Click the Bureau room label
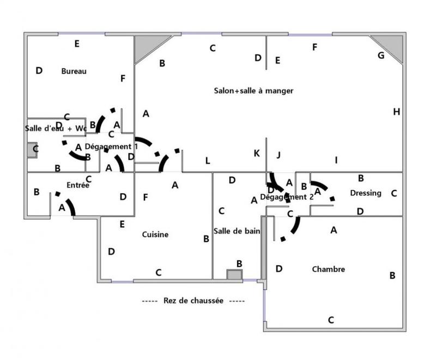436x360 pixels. pyautogui.click(x=74, y=71)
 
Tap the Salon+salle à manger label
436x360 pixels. pyautogui.click(x=253, y=91)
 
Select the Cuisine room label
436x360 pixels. pyautogui.click(x=155, y=235)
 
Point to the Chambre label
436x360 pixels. pyautogui.click(x=328, y=269)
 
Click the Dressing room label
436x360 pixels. pyautogui.click(x=366, y=193)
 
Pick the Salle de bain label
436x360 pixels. pyautogui.click(x=237, y=231)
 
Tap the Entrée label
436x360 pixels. pyautogui.click(x=78, y=185)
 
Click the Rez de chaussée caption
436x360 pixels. pyautogui.click(x=193, y=301)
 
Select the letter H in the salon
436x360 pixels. pyautogui.click(x=396, y=112)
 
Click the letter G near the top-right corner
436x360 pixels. pyautogui.click(x=381, y=55)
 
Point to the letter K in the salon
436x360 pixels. pyautogui.click(x=256, y=153)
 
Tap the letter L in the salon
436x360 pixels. pyautogui.click(x=207, y=160)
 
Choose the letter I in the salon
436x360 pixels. pyautogui.click(x=336, y=160)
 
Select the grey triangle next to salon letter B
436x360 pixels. pyautogui.click(x=146, y=46)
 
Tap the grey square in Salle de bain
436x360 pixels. pyautogui.click(x=234, y=274)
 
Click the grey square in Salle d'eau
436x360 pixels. pyautogui.click(x=32, y=151)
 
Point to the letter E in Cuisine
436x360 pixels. pyautogui.click(x=122, y=224)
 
